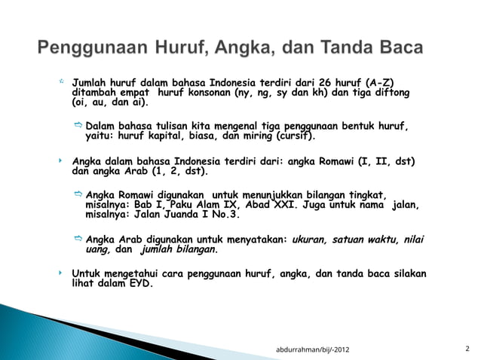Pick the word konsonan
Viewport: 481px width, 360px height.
[210, 92]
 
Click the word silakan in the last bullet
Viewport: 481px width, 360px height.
[408, 273]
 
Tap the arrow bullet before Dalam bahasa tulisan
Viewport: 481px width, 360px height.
[78, 124]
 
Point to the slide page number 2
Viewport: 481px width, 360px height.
[467, 349]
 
